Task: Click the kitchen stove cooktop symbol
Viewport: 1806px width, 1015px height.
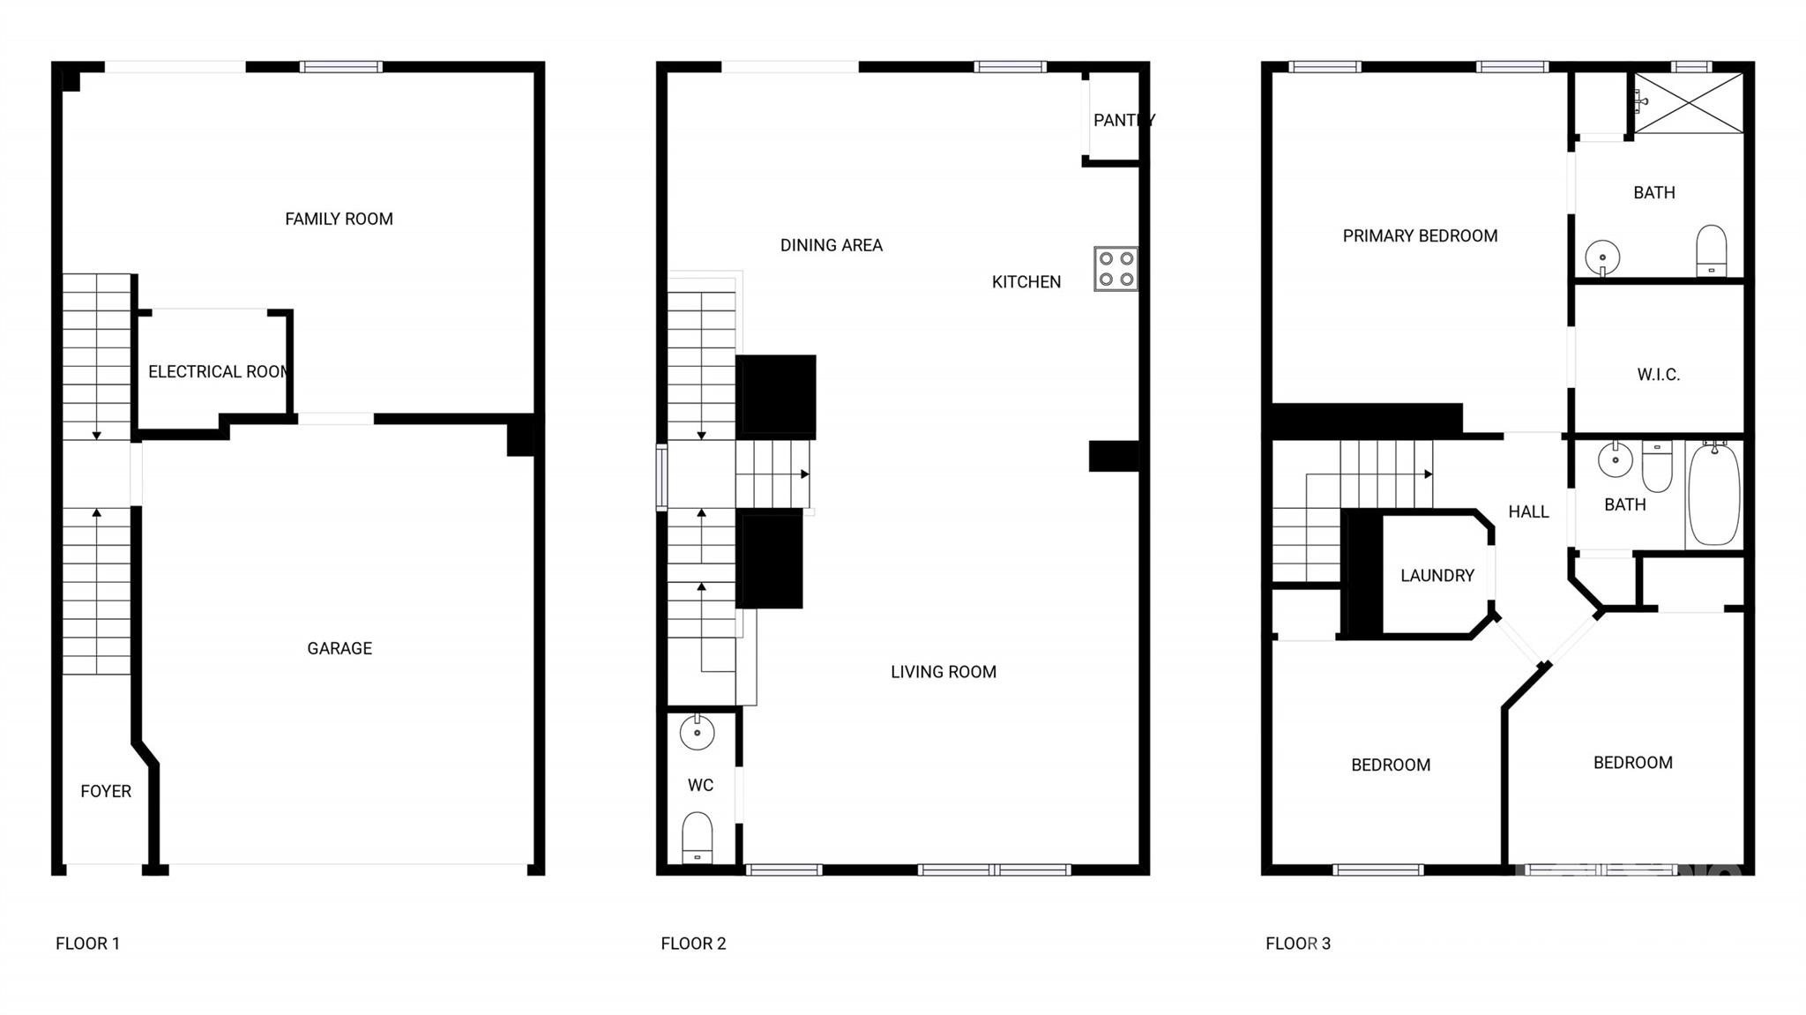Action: pyautogui.click(x=1116, y=269)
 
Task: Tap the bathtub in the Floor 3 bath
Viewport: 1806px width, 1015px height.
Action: pyautogui.click(x=1713, y=495)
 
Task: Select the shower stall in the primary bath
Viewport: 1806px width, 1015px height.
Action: pyautogui.click(x=1689, y=103)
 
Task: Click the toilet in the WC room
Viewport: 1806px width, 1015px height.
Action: pyautogui.click(x=697, y=837)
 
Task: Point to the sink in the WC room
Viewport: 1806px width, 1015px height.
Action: pyautogui.click(x=697, y=732)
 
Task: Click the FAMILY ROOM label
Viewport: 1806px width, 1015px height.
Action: pyautogui.click(x=339, y=219)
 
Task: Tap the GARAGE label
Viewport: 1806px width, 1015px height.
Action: pyautogui.click(x=340, y=648)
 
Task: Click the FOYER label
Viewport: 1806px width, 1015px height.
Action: pyautogui.click(x=106, y=791)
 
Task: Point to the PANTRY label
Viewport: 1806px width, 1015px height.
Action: pyautogui.click(x=1123, y=120)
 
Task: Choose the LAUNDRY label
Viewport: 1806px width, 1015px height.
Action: pyautogui.click(x=1437, y=575)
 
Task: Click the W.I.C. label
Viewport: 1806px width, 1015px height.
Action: pyautogui.click(x=1658, y=375)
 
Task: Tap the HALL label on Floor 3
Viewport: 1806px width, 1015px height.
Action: pyautogui.click(x=1528, y=511)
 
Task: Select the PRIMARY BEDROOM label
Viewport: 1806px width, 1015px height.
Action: pyautogui.click(x=1420, y=235)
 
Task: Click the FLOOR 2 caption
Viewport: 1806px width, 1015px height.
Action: pyautogui.click(x=693, y=944)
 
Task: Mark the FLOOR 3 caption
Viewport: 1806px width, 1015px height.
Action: pyautogui.click(x=1298, y=944)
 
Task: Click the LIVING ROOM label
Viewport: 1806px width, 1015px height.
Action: pyautogui.click(x=944, y=672)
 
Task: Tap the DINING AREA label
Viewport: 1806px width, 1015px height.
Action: pyautogui.click(x=832, y=245)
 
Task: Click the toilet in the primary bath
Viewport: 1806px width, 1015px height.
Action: pyautogui.click(x=1711, y=250)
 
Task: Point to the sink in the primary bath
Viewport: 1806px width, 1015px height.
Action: pyautogui.click(x=1602, y=257)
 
